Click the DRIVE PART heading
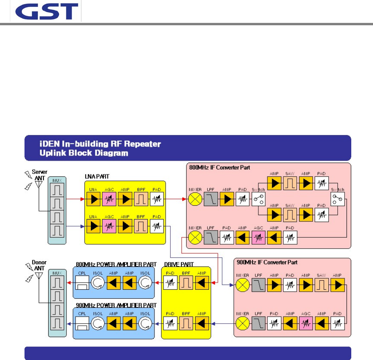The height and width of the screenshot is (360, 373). pyautogui.click(x=179, y=264)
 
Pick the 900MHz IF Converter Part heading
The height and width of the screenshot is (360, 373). pyautogui.click(x=266, y=262)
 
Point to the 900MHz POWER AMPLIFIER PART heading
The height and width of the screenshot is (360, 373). pyautogui.click(x=116, y=306)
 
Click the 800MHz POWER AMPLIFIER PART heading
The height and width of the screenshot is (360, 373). pyautogui.click(x=116, y=264)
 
